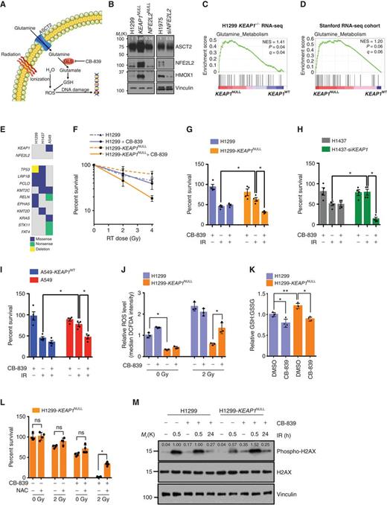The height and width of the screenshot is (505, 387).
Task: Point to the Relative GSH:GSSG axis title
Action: [269, 316]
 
